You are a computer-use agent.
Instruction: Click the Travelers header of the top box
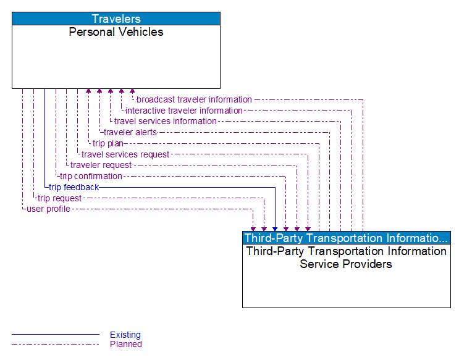[x=116, y=19]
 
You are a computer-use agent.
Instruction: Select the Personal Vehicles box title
[x=116, y=32]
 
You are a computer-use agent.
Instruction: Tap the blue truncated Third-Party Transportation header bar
[x=346, y=238]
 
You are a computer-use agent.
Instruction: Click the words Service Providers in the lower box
[x=346, y=264]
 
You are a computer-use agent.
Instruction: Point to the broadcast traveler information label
[x=194, y=99]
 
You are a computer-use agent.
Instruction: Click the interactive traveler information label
[x=184, y=111]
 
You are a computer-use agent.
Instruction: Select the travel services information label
[x=165, y=121]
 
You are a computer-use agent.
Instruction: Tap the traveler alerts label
[x=130, y=132]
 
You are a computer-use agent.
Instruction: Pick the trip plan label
[x=108, y=143]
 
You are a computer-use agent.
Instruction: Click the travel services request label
[x=125, y=154]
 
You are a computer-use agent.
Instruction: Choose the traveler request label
[x=101, y=165]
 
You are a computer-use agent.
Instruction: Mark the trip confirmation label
[x=91, y=176]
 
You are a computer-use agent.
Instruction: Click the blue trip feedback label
[x=74, y=187]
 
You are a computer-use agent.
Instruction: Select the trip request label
[x=59, y=198]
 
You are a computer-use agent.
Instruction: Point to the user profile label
[x=48, y=209]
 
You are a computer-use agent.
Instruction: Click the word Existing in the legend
[x=125, y=335]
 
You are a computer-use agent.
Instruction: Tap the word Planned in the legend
[x=126, y=344]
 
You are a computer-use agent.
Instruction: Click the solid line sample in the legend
[x=56, y=335]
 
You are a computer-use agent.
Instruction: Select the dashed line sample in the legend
[x=56, y=344]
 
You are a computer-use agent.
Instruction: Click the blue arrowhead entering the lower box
[x=275, y=228]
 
